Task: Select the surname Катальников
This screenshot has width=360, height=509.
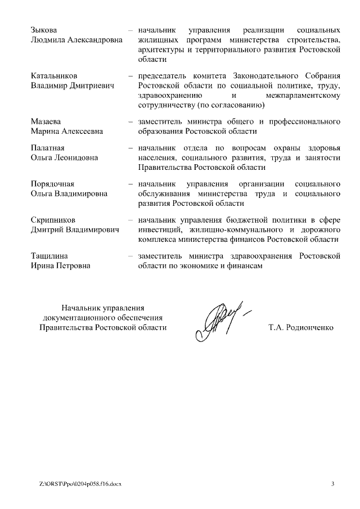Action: coord(54,75)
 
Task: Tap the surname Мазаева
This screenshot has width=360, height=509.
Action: coord(46,121)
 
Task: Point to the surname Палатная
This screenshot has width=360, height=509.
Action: coord(48,147)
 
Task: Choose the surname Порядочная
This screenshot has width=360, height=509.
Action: coord(52,184)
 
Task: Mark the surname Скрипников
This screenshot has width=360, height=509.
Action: coord(53,220)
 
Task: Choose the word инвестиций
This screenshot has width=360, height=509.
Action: coord(159,230)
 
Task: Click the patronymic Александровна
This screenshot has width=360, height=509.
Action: coord(91,39)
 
